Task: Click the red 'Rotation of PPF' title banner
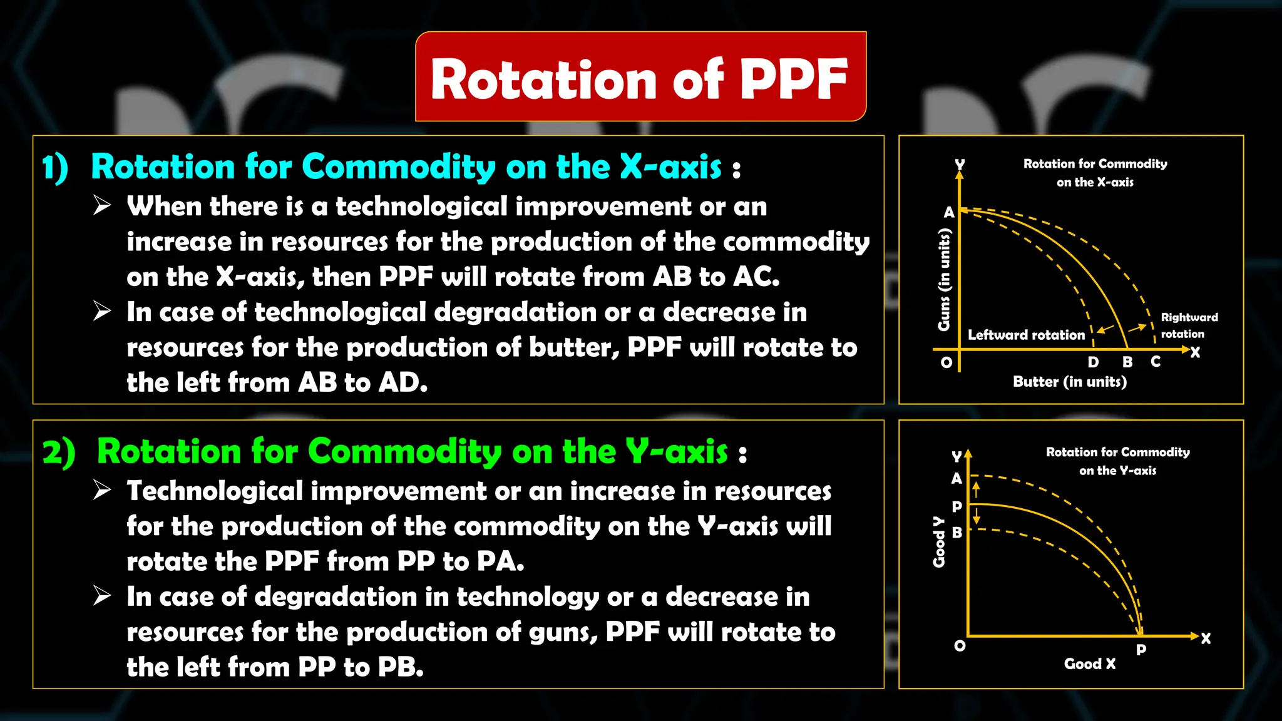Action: tap(640, 77)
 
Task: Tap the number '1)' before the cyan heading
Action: tap(55, 168)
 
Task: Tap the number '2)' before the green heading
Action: tap(59, 453)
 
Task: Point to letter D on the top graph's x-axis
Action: tap(1093, 362)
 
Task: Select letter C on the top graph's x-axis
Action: tap(1156, 362)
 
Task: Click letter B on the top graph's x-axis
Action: tap(1127, 362)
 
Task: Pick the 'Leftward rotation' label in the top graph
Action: tap(1026, 335)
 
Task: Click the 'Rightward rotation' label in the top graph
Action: tap(1189, 325)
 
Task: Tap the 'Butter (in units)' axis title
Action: tap(1070, 382)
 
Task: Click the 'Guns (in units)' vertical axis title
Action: tap(944, 279)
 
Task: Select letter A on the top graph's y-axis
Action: tap(949, 213)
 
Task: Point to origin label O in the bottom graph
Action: tap(960, 646)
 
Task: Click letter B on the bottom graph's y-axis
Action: tap(956, 533)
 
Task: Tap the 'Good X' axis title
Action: tap(1090, 664)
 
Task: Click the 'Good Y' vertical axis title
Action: tap(938, 542)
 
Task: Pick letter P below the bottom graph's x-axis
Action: tap(1141, 650)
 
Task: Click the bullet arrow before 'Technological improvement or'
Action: tap(102, 490)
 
